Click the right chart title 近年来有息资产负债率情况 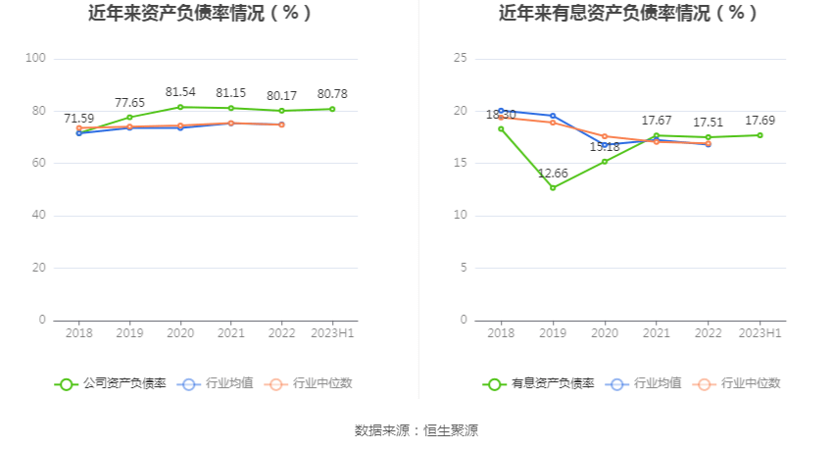click(628, 14)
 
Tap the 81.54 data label click(180, 91)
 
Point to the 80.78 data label click(332, 94)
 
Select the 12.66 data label click(554, 174)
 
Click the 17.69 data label click(759, 121)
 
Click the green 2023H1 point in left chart click(332, 109)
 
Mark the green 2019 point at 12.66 click(553, 187)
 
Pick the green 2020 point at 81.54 click(180, 107)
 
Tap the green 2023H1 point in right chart click(759, 135)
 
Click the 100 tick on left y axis click(35, 58)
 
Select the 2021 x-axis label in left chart click(230, 333)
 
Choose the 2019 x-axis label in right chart click(553, 333)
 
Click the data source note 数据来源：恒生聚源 click(416, 430)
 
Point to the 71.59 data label click(79, 119)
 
